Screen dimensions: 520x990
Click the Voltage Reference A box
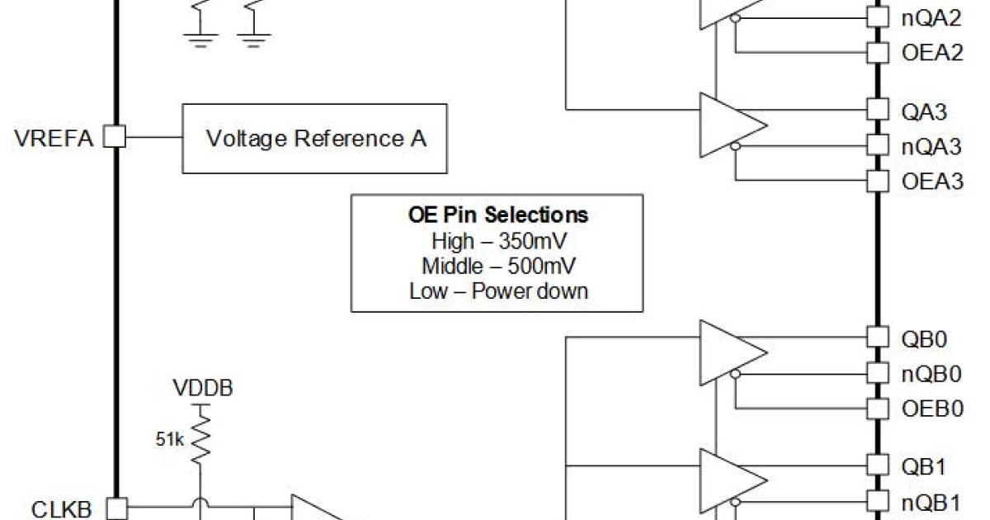tap(315, 138)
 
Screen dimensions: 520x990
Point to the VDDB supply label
tap(202, 387)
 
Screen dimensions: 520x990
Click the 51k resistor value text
tap(171, 440)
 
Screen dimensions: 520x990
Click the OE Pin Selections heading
tap(498, 215)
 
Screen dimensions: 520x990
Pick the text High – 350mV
tap(498, 241)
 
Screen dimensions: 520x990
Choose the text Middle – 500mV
tap(498, 266)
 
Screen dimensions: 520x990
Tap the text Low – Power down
tap(498, 291)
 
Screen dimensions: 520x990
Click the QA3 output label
tap(924, 111)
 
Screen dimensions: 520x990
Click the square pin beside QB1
tap(876, 466)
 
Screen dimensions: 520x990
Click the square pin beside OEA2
tap(876, 52)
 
